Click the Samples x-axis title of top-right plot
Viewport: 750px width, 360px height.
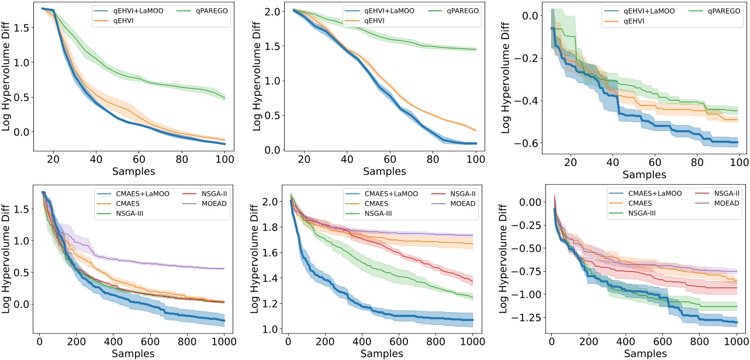click(644, 174)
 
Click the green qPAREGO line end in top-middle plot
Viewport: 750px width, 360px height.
click(476, 50)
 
